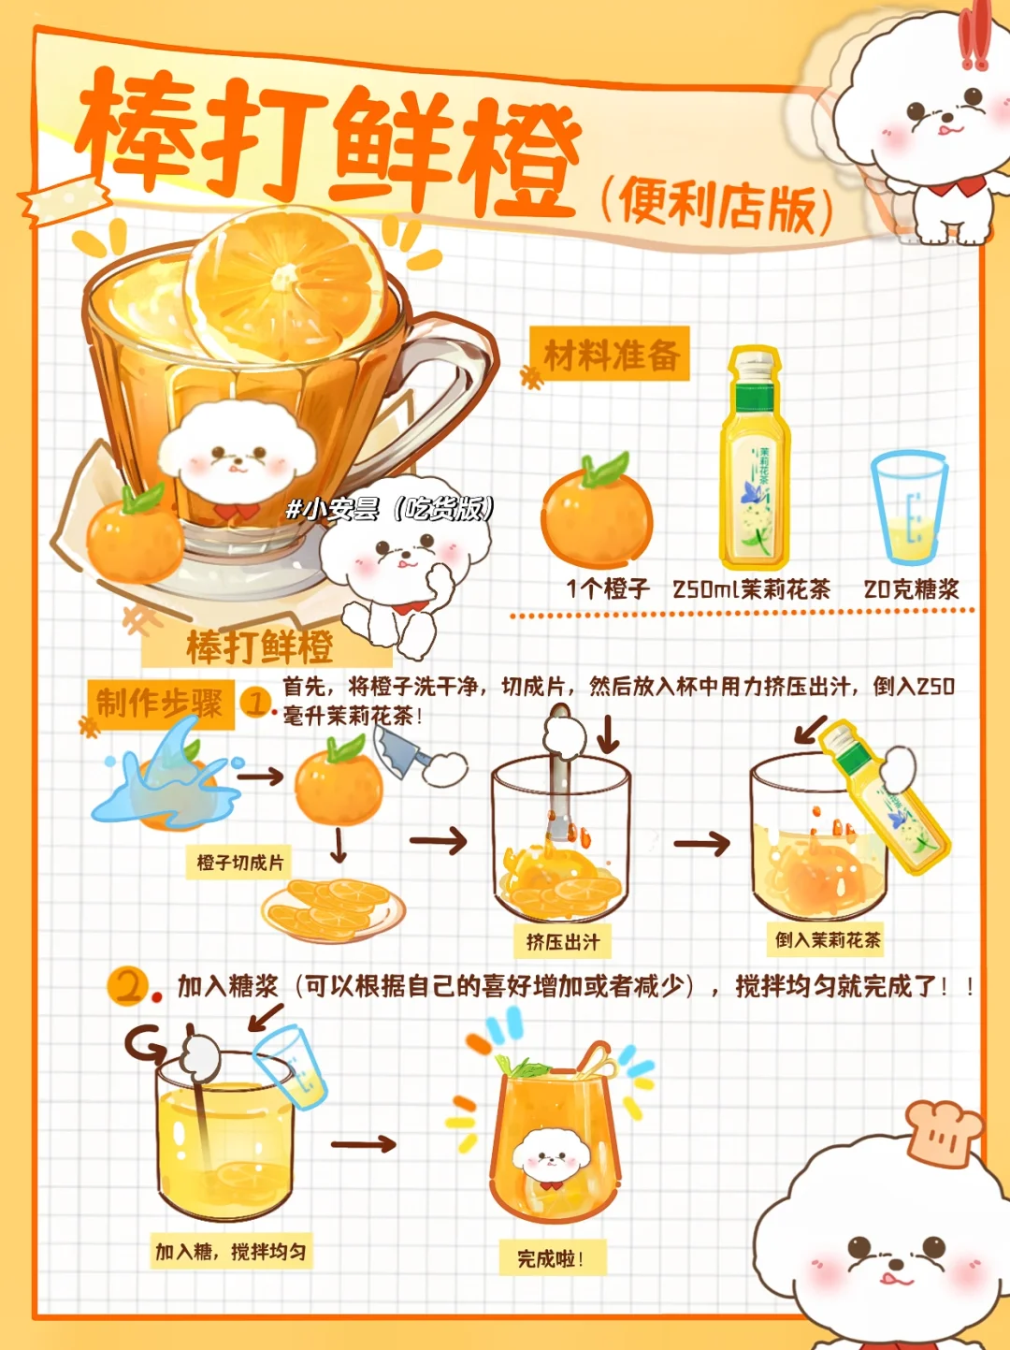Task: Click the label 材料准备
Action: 611,355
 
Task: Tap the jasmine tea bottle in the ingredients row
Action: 755,458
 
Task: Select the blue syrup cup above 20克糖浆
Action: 909,508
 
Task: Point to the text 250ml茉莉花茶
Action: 751,589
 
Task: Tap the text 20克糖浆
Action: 911,589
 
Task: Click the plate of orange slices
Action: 334,910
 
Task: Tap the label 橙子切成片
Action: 239,863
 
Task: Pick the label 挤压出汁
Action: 562,941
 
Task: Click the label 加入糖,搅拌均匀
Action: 231,1252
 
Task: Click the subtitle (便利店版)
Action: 716,207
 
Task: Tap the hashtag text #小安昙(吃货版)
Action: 391,509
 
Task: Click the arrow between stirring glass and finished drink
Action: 363,1144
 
